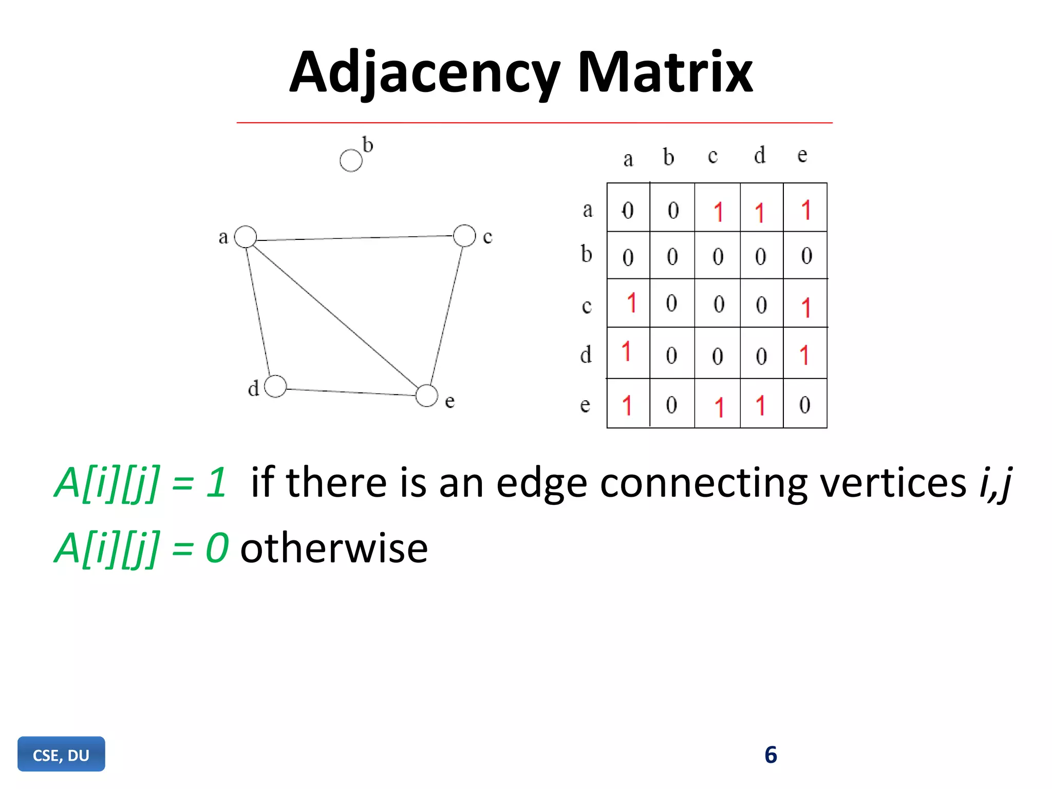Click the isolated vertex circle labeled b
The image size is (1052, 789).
point(351,161)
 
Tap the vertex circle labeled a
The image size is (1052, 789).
point(246,237)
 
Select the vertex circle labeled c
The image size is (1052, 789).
point(464,236)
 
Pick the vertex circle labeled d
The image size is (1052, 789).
point(275,386)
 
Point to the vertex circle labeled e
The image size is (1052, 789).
point(426,396)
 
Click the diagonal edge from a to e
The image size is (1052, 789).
point(336,316)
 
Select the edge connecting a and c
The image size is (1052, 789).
point(354,238)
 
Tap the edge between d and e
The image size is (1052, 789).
point(351,392)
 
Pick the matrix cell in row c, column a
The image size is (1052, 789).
point(629,303)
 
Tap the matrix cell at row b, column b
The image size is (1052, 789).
point(672,256)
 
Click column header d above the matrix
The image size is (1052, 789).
point(760,155)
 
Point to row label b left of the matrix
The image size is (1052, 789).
point(586,254)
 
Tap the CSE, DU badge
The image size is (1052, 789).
point(61,755)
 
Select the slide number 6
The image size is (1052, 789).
point(771,755)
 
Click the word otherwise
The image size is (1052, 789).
point(334,549)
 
